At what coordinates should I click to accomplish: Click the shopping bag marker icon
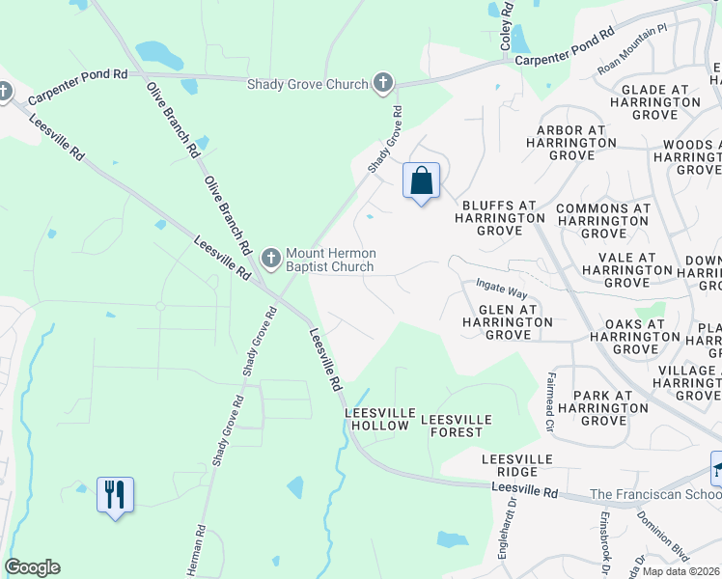(421, 180)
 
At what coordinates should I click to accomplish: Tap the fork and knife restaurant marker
(115, 495)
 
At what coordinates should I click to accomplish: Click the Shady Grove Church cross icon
(383, 84)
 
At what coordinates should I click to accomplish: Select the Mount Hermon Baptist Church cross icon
(271, 258)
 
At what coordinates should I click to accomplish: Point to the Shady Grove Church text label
(308, 85)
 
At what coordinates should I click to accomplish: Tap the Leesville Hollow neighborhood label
(380, 419)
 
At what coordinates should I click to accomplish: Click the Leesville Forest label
(457, 426)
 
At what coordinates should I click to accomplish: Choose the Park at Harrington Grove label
(602, 407)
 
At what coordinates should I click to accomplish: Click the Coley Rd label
(505, 26)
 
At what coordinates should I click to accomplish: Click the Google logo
(32, 567)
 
